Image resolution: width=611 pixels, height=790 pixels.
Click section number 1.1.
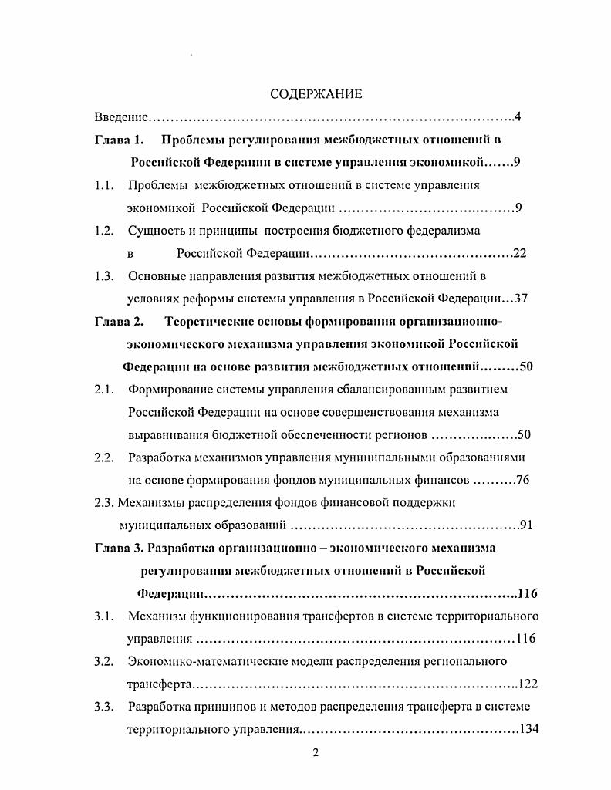[x=105, y=185]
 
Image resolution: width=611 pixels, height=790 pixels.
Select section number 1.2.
[x=105, y=231]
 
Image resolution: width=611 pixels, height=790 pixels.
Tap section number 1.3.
[x=105, y=275]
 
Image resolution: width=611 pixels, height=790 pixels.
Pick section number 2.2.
[x=105, y=457]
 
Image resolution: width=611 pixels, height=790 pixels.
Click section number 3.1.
[x=105, y=616]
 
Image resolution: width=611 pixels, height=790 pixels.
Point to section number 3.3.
[x=105, y=707]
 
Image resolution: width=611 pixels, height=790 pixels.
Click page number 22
[x=519, y=253]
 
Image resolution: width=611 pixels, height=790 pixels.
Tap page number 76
[x=522, y=480]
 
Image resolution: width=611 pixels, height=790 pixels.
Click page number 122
[x=528, y=684]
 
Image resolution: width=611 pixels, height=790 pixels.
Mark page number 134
[x=528, y=729]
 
